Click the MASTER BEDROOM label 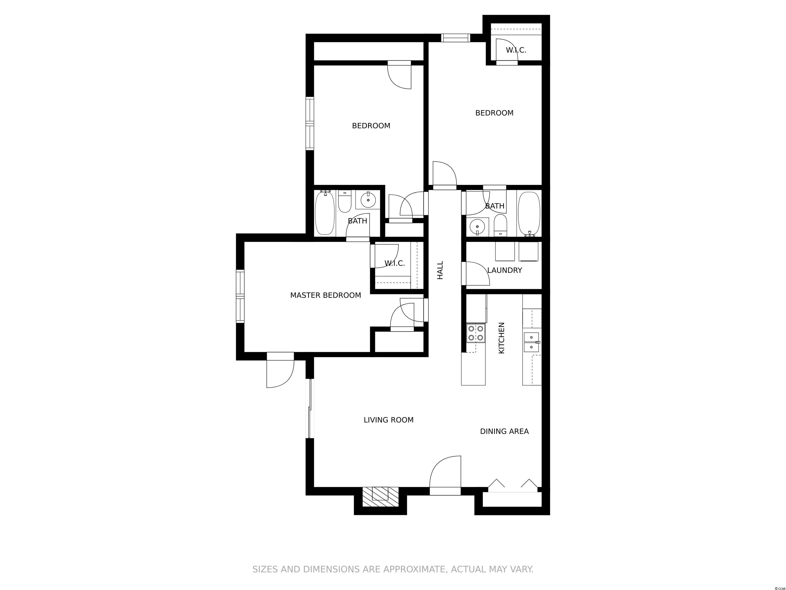point(325,295)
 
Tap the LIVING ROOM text point(388,420)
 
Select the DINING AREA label point(504,431)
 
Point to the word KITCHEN point(502,338)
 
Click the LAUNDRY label point(505,270)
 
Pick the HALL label point(440,270)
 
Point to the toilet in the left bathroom point(345,201)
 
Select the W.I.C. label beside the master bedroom point(395,264)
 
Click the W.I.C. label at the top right point(516,50)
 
